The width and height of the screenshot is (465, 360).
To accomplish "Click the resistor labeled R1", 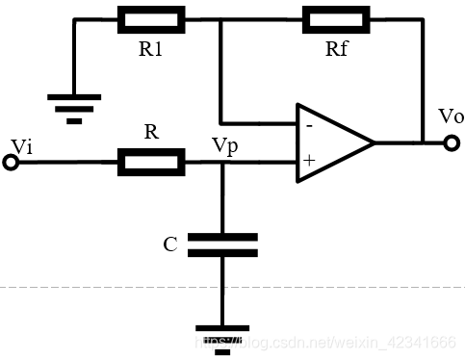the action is [x=151, y=19].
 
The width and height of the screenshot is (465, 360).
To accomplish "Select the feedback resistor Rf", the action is [x=336, y=19].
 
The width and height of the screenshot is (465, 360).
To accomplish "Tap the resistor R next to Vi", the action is [x=151, y=162].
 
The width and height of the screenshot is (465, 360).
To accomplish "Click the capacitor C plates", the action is [x=222, y=245].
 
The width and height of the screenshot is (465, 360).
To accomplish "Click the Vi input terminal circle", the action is [x=11, y=163].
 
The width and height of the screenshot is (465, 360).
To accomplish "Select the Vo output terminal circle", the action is [x=452, y=143].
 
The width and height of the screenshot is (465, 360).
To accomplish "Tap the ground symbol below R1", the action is [x=74, y=109].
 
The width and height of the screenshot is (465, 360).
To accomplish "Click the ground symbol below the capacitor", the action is [x=222, y=340].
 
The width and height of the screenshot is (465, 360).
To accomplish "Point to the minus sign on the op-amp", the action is [x=309, y=126].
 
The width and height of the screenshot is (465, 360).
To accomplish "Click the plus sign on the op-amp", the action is [x=309, y=161].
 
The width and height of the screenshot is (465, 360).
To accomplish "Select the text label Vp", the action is [x=225, y=146].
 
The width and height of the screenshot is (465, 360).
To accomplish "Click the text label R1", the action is [x=150, y=49].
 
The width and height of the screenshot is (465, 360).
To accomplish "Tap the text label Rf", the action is [x=337, y=48].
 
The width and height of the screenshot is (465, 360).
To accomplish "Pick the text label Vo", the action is [x=452, y=116].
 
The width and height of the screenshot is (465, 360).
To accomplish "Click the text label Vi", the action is [x=21, y=146].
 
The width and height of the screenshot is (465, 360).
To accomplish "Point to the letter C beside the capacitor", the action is [x=170, y=244].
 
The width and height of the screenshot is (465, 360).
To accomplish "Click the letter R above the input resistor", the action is [x=151, y=132].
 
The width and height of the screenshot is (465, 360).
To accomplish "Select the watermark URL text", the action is [x=325, y=343].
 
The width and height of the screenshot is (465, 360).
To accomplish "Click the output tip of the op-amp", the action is [x=375, y=142].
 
